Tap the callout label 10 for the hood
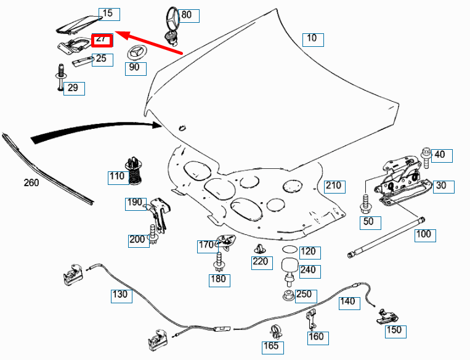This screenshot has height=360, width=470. pos(312,39)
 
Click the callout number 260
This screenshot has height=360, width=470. pos(31,182)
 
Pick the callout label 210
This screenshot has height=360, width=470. pos(333,186)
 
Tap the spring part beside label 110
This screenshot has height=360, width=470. pos(136,170)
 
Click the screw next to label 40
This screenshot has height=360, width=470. pos(426,155)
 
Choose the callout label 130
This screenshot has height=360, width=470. pos(120,295)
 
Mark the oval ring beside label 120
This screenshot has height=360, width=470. pos(290,250)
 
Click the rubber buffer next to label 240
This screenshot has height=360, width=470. pos(289,269)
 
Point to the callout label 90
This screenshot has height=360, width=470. pos(134,67)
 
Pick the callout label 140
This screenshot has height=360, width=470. pos(348,301)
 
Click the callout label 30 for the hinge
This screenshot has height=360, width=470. pos(441,186)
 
